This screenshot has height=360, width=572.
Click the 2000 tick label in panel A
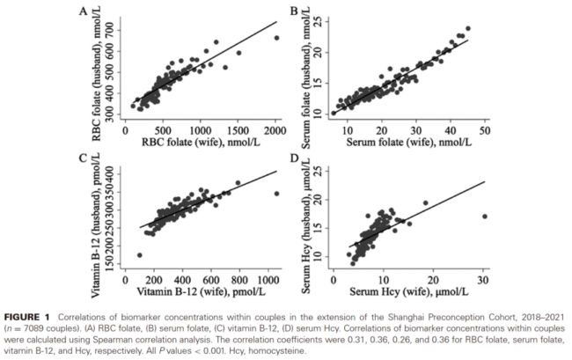tap(276, 129)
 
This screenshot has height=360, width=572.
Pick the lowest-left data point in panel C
tap(140, 255)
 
